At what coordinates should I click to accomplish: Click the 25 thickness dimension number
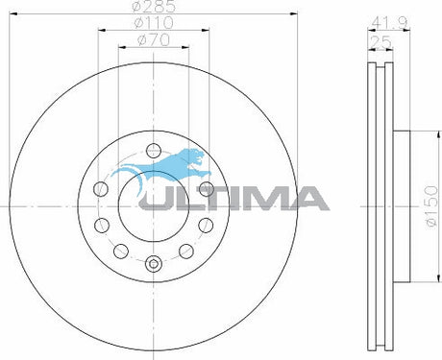pos(384,40)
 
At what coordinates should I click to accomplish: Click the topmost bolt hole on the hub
pos(152,149)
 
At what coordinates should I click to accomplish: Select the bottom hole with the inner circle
pos(152,263)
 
